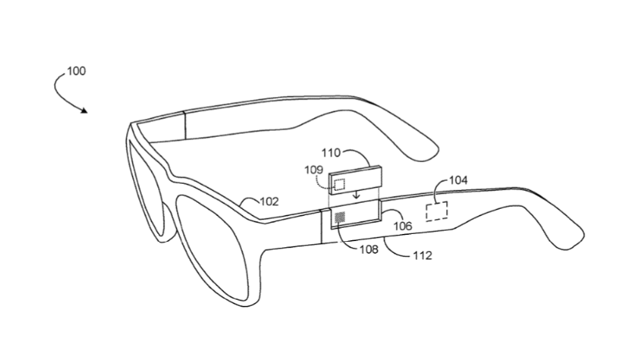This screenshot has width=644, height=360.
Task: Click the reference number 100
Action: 77,71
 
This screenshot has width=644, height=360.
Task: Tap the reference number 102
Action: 269,201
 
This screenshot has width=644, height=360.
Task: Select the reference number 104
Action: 458,180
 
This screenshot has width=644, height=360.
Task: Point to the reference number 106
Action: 402,225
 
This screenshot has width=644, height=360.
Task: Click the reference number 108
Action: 369,249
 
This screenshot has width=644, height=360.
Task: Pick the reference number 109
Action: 314,170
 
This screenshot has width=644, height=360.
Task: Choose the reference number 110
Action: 331,153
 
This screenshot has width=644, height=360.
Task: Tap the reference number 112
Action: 423,256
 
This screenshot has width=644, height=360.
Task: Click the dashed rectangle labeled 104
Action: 437,211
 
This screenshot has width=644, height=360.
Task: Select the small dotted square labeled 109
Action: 340,185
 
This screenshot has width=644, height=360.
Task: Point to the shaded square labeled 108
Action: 340,218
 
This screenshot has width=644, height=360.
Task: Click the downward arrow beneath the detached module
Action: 356,193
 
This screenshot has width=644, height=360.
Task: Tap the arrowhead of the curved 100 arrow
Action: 84,110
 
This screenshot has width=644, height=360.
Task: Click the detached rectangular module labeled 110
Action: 356,178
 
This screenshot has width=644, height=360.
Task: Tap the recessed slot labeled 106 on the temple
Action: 356,213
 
